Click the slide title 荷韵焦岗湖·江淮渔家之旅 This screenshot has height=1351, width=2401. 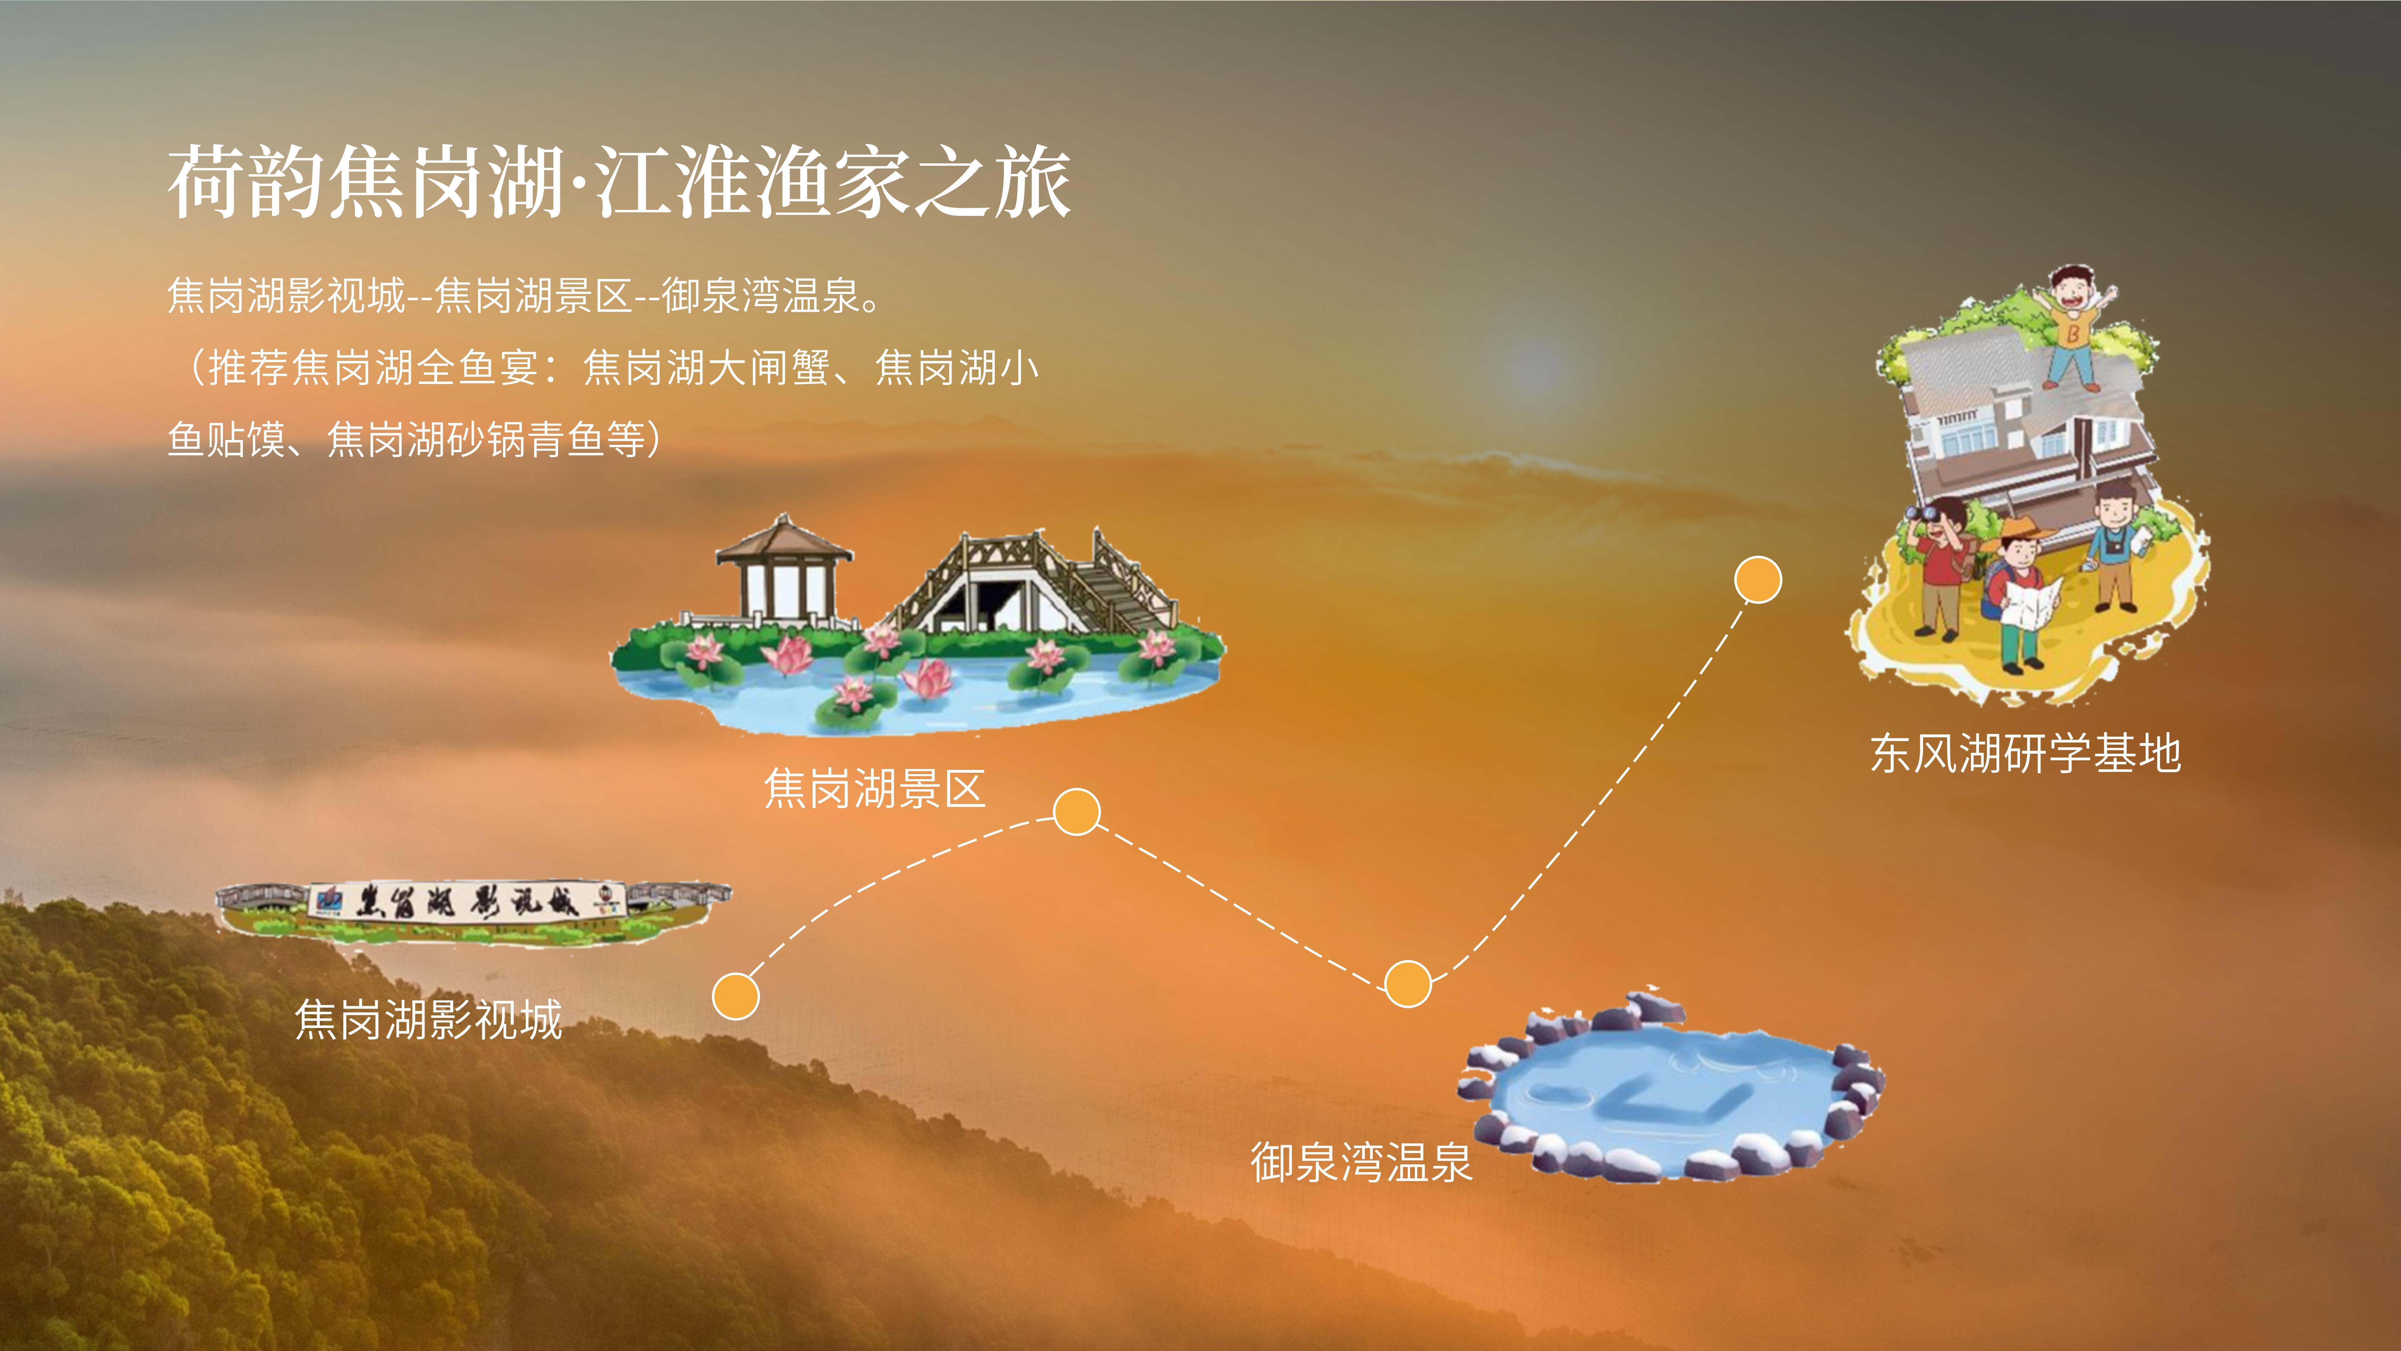[619, 182]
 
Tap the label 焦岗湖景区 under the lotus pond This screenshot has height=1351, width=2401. [874, 789]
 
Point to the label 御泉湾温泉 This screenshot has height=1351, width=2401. [1361, 1162]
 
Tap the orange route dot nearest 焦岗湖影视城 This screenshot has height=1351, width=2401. [735, 996]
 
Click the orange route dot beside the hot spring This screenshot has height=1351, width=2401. [1407, 984]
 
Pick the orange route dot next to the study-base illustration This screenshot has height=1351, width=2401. [1758, 580]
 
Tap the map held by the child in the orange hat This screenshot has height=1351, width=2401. [2032, 601]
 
